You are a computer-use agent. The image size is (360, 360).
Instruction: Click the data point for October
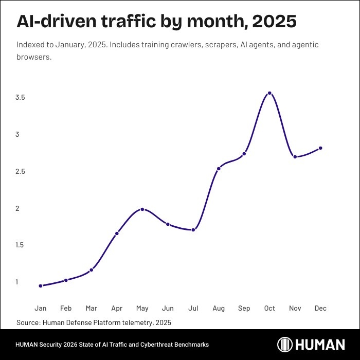pyautogui.click(x=269, y=93)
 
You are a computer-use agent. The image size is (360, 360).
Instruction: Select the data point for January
pyautogui.click(x=41, y=286)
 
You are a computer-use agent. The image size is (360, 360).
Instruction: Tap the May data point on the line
pyautogui.click(x=142, y=209)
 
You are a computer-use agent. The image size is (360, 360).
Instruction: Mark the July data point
pyautogui.click(x=193, y=230)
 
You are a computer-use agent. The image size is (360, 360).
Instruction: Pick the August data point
pyautogui.click(x=219, y=169)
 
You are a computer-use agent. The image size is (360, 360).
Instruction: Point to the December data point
pyautogui.click(x=320, y=148)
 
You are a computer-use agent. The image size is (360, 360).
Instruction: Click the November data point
pyautogui.click(x=295, y=157)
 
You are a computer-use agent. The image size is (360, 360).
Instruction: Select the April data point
pyautogui.click(x=117, y=233)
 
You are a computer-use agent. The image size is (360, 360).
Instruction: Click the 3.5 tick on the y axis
pyautogui.click(x=21, y=98)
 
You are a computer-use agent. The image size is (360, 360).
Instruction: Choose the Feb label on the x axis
pyautogui.click(x=66, y=309)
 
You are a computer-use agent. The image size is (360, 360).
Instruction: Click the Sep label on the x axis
pyautogui.click(x=244, y=309)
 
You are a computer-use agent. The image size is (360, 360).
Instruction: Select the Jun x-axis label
pyautogui.click(x=168, y=309)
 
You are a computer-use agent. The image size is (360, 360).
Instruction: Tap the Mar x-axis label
pyautogui.click(x=91, y=309)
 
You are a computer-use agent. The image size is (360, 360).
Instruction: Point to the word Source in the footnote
pyautogui.click(x=28, y=322)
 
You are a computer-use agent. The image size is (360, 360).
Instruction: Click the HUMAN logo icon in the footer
pyautogui.click(x=285, y=345)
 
